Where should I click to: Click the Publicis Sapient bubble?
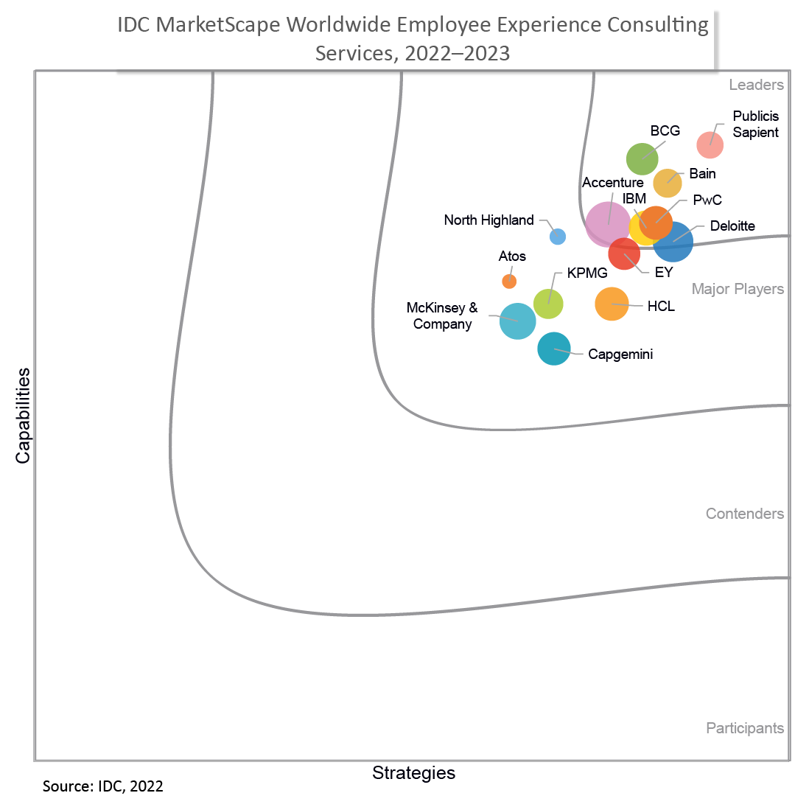pyautogui.click(x=710, y=144)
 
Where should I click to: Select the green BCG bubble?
pyautogui.click(x=642, y=158)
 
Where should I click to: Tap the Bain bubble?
pyautogui.click(x=668, y=183)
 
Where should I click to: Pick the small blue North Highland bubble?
pyautogui.click(x=558, y=237)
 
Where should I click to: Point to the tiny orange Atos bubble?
pyautogui.click(x=509, y=282)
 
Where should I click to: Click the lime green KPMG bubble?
pyautogui.click(x=548, y=303)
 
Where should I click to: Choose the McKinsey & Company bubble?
pyautogui.click(x=517, y=321)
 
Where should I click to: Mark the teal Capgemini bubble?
pyautogui.click(x=554, y=349)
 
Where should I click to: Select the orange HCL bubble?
pyautogui.click(x=612, y=304)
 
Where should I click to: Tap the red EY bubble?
pyautogui.click(x=623, y=255)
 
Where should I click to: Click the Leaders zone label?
pyautogui.click(x=756, y=85)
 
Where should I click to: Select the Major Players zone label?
pyautogui.click(x=738, y=289)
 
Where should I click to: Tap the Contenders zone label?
pyautogui.click(x=744, y=514)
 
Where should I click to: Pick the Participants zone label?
pyautogui.click(x=745, y=728)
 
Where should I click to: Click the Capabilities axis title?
pyautogui.click(x=24, y=416)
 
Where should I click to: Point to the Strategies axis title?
pyautogui.click(x=413, y=773)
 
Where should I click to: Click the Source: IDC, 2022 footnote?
pyautogui.click(x=103, y=786)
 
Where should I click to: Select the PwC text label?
pyautogui.click(x=707, y=200)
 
